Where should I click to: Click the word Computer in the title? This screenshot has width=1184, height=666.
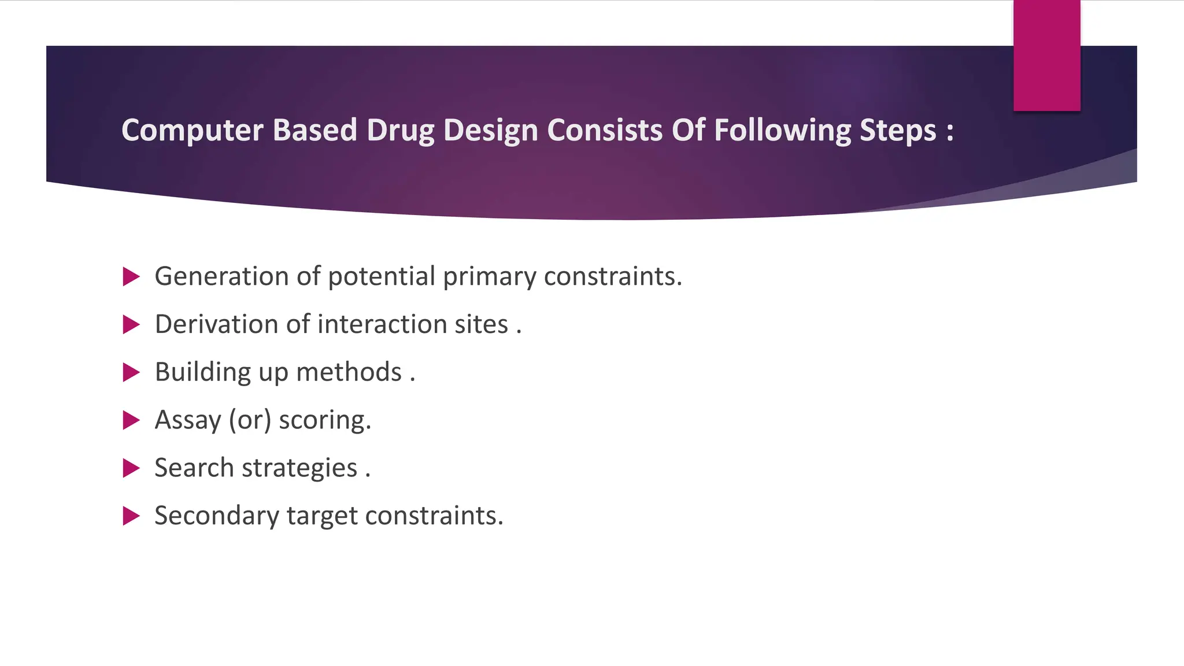pyautogui.click(x=192, y=131)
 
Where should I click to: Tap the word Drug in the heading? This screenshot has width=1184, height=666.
pyautogui.click(x=400, y=131)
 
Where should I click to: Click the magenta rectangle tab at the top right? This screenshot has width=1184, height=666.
pyautogui.click(x=1046, y=55)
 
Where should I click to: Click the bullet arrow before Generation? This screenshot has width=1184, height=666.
pyautogui.click(x=131, y=277)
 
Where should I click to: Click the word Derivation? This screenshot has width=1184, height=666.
pyautogui.click(x=216, y=324)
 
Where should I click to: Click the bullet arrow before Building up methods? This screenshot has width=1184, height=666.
pyautogui.click(x=131, y=373)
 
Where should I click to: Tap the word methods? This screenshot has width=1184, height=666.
pyautogui.click(x=349, y=372)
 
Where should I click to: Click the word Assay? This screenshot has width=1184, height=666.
pyautogui.click(x=188, y=421)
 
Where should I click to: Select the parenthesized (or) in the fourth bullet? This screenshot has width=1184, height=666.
pyautogui.click(x=250, y=420)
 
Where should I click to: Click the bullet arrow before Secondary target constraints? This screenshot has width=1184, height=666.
pyautogui.click(x=131, y=516)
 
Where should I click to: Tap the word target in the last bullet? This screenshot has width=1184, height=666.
pyautogui.click(x=321, y=516)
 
